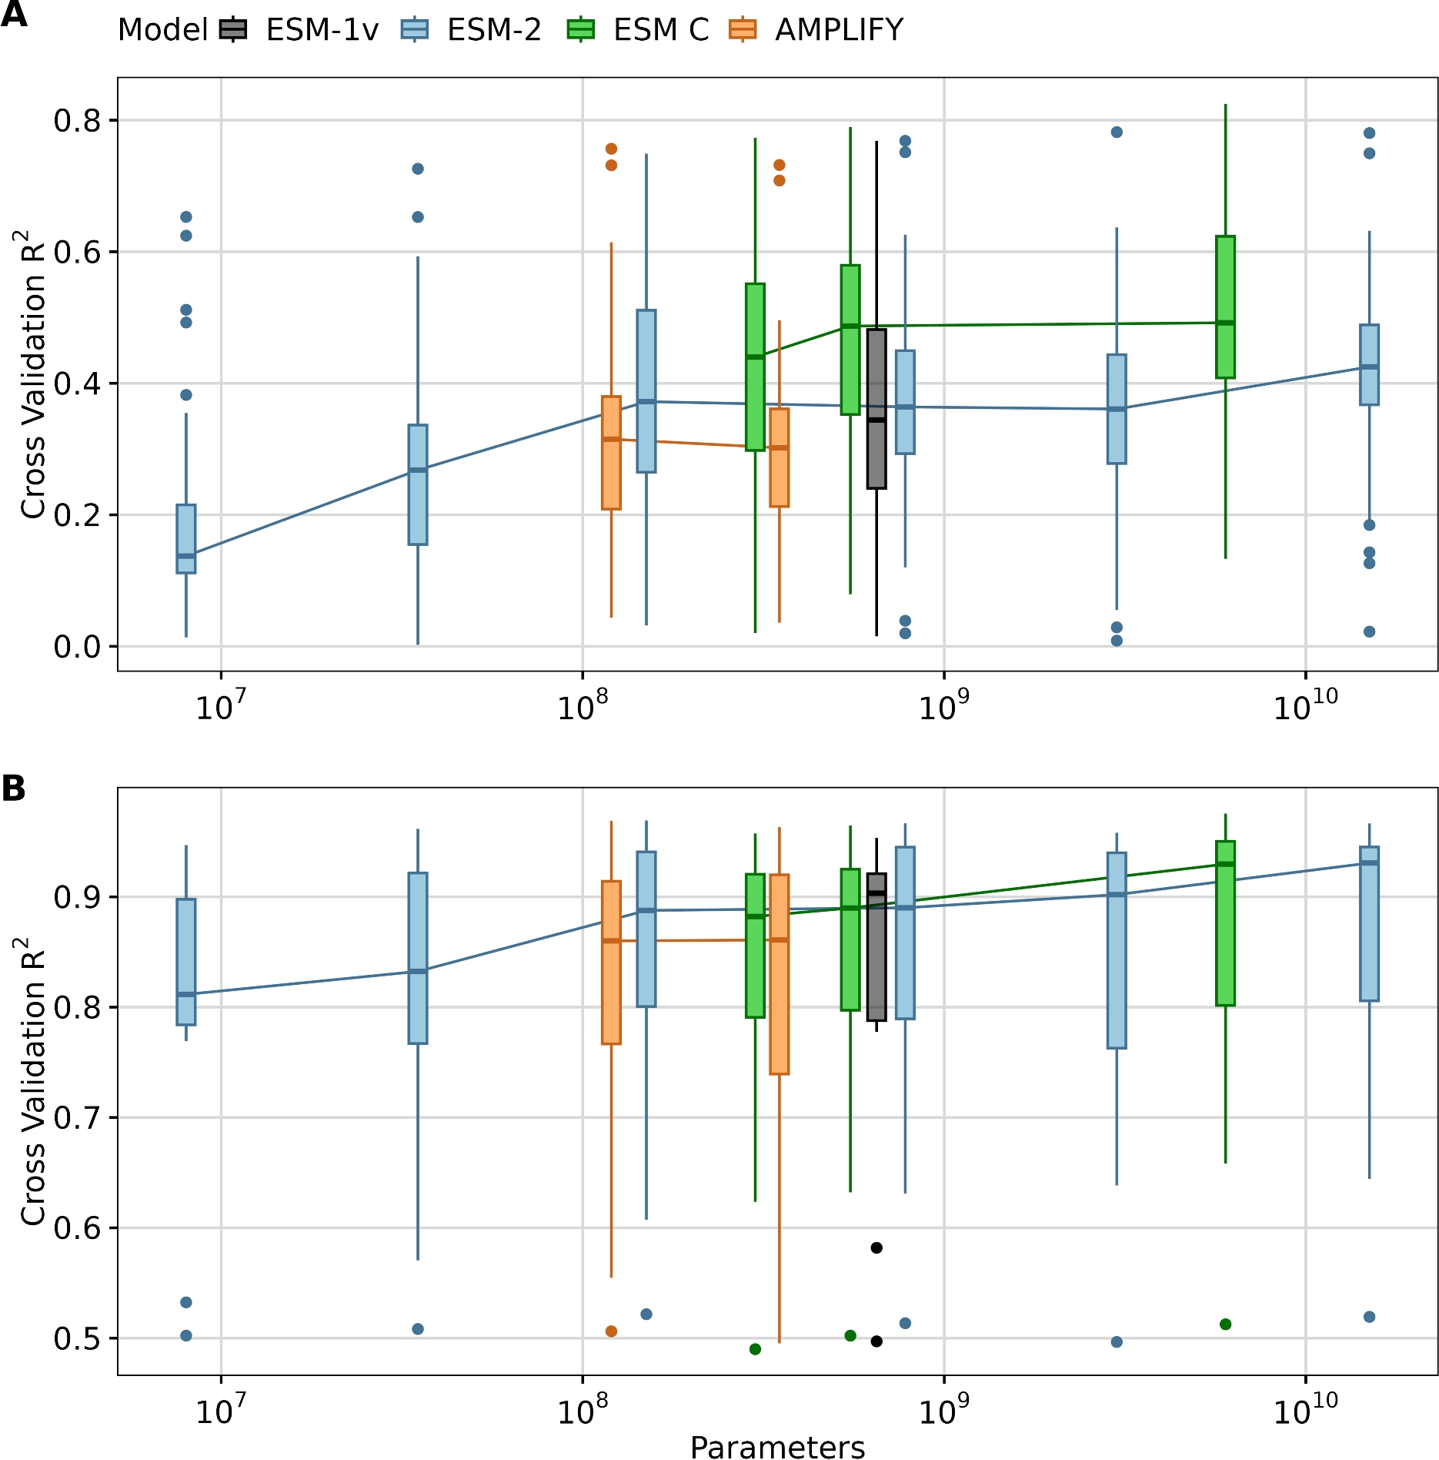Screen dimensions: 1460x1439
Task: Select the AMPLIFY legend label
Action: coord(839,30)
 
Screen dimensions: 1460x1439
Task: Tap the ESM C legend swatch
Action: coord(581,30)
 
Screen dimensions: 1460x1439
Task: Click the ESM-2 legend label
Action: coord(494,30)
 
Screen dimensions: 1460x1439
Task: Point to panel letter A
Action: coord(13,14)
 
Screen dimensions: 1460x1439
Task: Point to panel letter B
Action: coord(13,789)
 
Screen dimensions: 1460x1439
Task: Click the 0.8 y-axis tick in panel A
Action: coord(77,121)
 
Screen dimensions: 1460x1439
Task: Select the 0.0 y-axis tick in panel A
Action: coord(77,647)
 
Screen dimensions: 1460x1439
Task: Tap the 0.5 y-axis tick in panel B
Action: coord(77,1338)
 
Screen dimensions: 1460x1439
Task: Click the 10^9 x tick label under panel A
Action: coord(944,705)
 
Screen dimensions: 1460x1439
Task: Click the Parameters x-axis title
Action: coord(777,1446)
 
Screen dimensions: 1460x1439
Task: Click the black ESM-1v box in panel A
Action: coord(876,409)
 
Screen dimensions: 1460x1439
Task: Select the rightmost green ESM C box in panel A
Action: coord(1225,306)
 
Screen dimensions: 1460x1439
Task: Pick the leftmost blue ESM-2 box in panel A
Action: coord(186,538)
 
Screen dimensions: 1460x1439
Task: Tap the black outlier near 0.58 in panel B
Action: coord(876,1247)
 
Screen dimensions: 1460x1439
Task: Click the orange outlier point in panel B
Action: coord(611,1331)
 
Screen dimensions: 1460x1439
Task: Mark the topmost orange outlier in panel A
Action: coord(611,149)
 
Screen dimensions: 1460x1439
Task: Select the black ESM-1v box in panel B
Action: coord(876,946)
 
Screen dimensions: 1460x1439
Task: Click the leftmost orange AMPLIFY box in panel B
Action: coord(611,962)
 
